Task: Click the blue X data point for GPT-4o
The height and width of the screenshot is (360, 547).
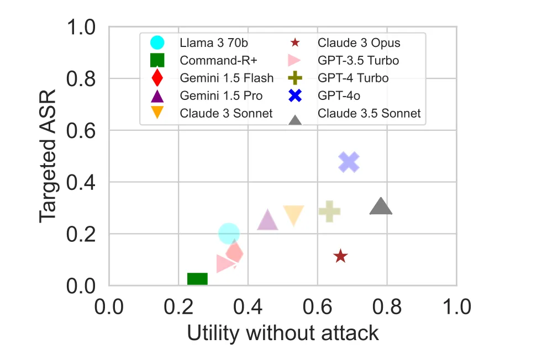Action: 349,162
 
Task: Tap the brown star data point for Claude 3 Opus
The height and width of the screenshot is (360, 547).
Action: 340,256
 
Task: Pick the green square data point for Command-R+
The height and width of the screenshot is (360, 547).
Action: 197,279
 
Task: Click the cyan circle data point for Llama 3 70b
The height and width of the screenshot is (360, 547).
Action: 229,234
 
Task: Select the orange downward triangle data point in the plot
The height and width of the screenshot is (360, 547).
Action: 293,215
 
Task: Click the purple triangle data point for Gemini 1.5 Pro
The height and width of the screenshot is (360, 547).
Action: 267,220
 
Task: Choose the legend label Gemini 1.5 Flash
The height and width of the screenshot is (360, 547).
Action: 227,78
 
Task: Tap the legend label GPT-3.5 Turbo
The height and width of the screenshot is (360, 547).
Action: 358,60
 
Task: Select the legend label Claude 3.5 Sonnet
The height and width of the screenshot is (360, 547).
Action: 369,113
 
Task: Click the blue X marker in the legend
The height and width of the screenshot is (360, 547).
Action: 295,96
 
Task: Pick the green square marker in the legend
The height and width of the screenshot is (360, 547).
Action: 157,60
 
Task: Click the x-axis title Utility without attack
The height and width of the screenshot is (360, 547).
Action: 283,333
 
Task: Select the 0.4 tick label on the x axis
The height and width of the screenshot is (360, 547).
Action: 248,305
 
